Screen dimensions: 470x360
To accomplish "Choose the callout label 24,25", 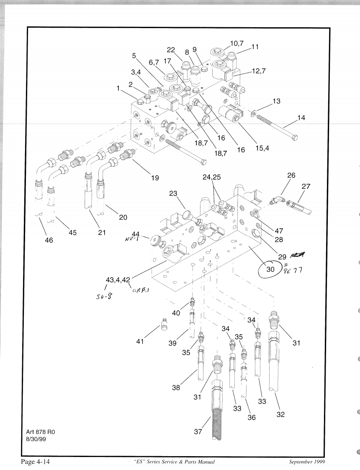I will click(x=211, y=178).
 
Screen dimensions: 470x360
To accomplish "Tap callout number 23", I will click(x=174, y=194).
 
